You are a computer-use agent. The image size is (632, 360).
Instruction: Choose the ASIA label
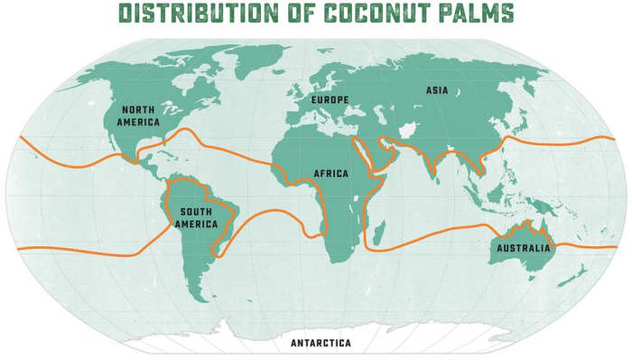[x=436, y=90]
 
